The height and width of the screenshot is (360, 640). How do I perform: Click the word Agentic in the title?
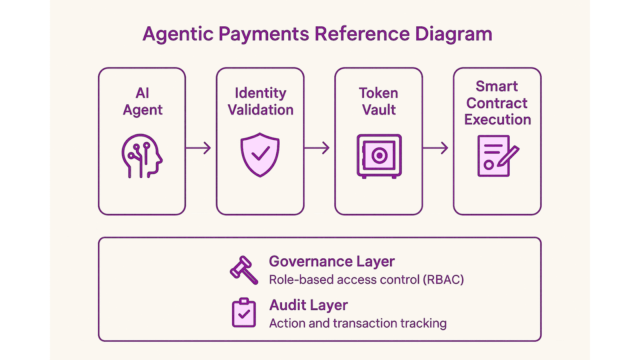[x=178, y=34]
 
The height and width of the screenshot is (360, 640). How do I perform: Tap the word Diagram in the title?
[x=454, y=34]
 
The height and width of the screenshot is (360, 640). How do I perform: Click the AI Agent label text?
[x=142, y=102]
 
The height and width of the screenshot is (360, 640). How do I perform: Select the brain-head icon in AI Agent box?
[x=142, y=156]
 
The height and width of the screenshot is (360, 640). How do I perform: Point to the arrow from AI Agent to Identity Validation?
[x=198, y=148]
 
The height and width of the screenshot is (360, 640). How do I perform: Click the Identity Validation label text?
[x=260, y=102]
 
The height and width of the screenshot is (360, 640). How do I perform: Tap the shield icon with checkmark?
[x=260, y=155]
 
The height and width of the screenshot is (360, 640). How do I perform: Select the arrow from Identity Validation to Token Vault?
[x=317, y=148]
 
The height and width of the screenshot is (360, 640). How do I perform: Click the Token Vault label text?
[x=378, y=102]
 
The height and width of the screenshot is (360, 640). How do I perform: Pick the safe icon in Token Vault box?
[x=379, y=156]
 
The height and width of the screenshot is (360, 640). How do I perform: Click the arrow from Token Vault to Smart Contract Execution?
[x=436, y=148]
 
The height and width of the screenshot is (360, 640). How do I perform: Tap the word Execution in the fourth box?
[x=498, y=120]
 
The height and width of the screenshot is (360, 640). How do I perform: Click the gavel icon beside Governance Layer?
[x=244, y=270]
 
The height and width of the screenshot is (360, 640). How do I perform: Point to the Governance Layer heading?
[x=332, y=261]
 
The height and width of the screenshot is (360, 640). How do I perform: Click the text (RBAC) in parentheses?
[x=443, y=280]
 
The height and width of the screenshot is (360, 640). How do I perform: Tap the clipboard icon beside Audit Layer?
[x=244, y=312]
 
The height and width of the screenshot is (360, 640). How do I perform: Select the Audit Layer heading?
[x=308, y=305]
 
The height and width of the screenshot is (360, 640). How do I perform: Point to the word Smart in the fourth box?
[x=496, y=86]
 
